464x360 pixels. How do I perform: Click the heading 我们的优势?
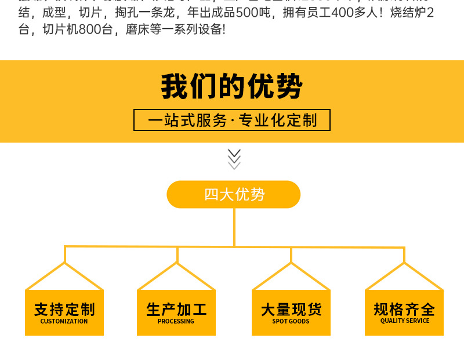point(231,87)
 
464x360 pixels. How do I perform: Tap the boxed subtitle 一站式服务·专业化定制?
point(232,120)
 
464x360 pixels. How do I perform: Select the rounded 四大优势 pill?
point(234,194)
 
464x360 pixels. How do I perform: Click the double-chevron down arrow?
point(234,158)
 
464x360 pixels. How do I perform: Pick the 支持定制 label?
point(64,309)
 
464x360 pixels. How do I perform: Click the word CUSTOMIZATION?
point(64,321)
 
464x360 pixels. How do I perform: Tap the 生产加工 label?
point(176,309)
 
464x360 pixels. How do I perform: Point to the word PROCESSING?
point(176,321)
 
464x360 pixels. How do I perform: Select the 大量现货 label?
point(291,309)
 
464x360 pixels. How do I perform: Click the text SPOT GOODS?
point(291,321)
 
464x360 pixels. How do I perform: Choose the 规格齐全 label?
point(404,309)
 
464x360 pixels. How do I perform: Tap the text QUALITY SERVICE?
point(404,321)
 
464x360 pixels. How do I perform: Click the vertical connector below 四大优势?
point(234,226)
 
